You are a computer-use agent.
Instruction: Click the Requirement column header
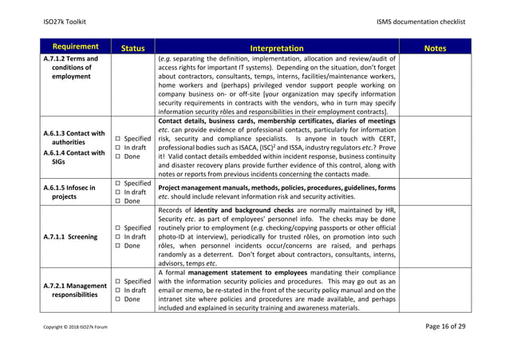77,47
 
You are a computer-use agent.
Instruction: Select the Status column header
132,48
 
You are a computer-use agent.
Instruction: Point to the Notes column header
435,48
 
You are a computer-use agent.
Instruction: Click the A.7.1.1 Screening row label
77,236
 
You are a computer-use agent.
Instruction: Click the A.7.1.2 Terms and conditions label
75,67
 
